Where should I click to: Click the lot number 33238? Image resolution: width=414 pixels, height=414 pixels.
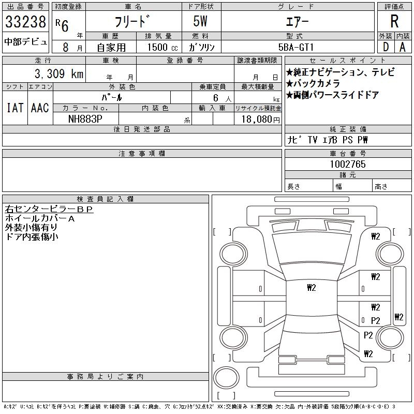pyautogui.click(x=25, y=22)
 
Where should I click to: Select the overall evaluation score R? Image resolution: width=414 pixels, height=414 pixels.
pyautogui.click(x=394, y=22)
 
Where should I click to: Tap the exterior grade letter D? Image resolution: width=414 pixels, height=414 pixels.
pyautogui.click(x=385, y=47)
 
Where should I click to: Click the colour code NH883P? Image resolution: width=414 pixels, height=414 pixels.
pyautogui.click(x=86, y=118)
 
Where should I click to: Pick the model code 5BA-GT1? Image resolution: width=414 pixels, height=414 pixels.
pyautogui.click(x=297, y=47)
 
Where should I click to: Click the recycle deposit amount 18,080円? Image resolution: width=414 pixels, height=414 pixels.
pyautogui.click(x=258, y=119)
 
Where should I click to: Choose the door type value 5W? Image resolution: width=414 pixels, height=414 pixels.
pyautogui.click(x=201, y=22)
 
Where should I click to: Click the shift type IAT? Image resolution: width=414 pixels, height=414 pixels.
pyautogui.click(x=14, y=108)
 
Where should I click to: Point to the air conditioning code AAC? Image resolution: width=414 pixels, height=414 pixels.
pyautogui.click(x=40, y=108)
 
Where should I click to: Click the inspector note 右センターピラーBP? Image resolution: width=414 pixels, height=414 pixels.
pyautogui.click(x=49, y=209)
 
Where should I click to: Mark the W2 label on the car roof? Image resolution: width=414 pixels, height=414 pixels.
pyautogui.click(x=311, y=288)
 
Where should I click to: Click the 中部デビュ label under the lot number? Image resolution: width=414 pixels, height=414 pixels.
pyautogui.click(x=26, y=42)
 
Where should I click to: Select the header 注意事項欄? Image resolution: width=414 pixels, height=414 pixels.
pyautogui.click(x=142, y=154)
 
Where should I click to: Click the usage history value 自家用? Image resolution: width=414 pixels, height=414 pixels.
pyautogui.click(x=112, y=47)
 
